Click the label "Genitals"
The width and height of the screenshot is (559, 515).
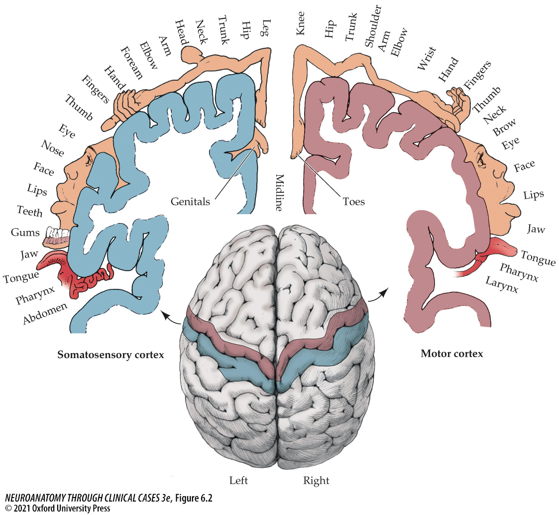[x=190, y=202]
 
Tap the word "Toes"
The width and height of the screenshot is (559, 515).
[x=353, y=202]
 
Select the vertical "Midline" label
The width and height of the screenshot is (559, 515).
[x=279, y=193]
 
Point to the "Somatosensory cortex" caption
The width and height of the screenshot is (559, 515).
[x=111, y=355]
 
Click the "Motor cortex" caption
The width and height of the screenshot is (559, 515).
[x=451, y=354]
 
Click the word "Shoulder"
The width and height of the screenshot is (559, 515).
[x=373, y=26]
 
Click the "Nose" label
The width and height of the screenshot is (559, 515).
[x=52, y=148]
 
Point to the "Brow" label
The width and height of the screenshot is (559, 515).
[x=504, y=127]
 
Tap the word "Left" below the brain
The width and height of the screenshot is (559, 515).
[x=238, y=481]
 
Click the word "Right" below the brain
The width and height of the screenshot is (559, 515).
[x=316, y=481]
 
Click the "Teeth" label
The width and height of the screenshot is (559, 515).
[x=30, y=211]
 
